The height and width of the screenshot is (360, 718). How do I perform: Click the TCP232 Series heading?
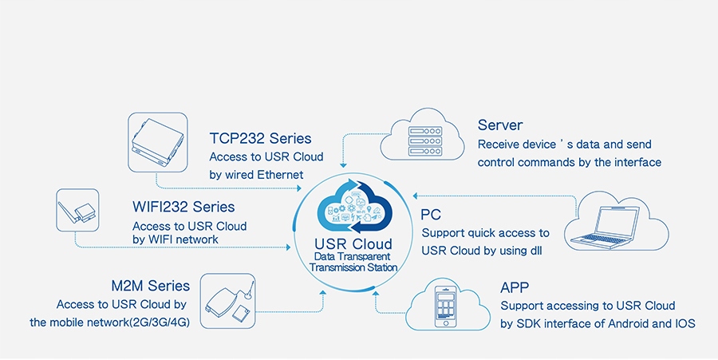(x=260, y=139)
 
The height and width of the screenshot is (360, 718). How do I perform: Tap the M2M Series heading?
(x=151, y=286)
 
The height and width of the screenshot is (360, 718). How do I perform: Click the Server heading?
(x=500, y=125)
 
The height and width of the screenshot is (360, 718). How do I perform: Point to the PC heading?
(x=432, y=214)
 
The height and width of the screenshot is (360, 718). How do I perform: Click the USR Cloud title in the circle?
(x=353, y=243)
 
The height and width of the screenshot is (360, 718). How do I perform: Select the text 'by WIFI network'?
(x=176, y=239)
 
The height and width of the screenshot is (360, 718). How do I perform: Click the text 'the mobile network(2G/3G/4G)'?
(x=109, y=323)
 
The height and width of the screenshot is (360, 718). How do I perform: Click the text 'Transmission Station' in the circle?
(x=353, y=267)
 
